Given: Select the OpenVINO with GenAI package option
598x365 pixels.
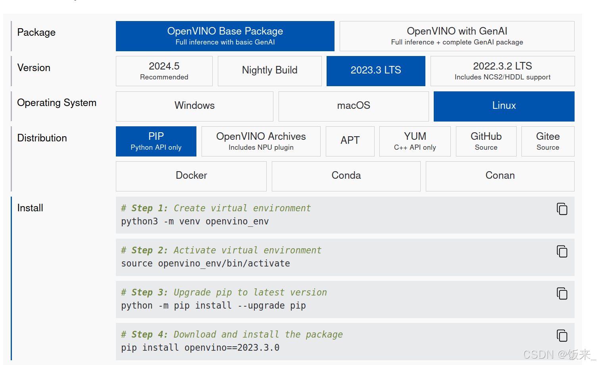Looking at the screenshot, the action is [457, 36].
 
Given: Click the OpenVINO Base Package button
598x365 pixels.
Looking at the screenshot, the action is [225, 36].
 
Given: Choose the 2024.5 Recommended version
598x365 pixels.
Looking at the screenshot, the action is [164, 71].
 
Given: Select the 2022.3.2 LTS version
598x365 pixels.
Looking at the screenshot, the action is [502, 71].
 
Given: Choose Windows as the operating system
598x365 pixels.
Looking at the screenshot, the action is [194, 106].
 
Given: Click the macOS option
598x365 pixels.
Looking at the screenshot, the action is [354, 106].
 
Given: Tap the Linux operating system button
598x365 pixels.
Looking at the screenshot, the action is [504, 106].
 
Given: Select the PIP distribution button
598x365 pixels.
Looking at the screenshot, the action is [156, 141].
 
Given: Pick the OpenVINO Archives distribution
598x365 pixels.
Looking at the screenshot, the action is [261, 141].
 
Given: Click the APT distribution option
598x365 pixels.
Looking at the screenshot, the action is [350, 141].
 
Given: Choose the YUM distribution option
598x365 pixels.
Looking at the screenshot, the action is [415, 141].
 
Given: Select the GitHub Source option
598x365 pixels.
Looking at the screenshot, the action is [486, 141].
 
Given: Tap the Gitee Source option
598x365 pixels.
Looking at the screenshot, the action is [548, 141].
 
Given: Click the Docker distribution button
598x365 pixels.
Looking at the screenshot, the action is [191, 176].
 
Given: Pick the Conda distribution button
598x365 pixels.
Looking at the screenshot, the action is [346, 176].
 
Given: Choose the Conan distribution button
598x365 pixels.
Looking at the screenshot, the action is [500, 176].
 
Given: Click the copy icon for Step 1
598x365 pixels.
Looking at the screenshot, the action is [562, 209].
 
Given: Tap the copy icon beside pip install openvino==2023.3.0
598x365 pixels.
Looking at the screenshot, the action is [562, 336].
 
